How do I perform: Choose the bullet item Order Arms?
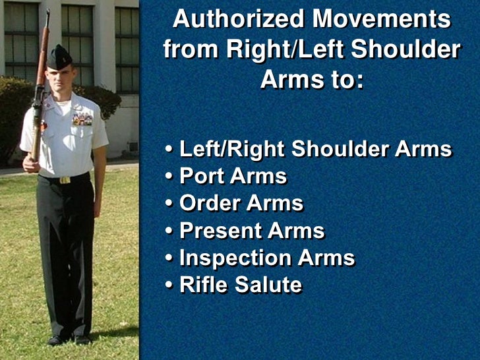[241, 204]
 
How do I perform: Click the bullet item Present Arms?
[252, 231]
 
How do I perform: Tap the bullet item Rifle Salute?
[240, 285]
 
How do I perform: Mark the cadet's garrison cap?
[60, 58]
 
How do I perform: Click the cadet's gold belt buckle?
[65, 179]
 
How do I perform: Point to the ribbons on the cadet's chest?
[82, 119]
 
